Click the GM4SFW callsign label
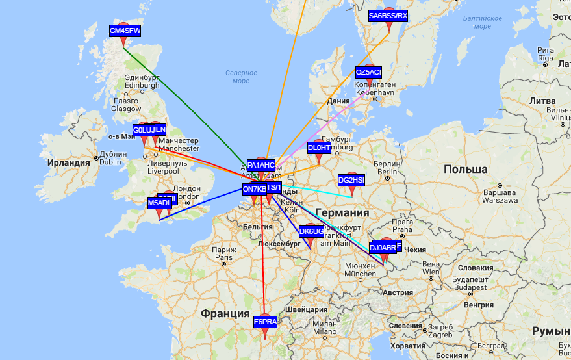pyautogui.click(x=125, y=31)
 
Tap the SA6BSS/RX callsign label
pyautogui.click(x=388, y=16)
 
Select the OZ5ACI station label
pyautogui.click(x=368, y=71)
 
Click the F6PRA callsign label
pyautogui.click(x=265, y=322)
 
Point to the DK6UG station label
pyautogui.click(x=311, y=231)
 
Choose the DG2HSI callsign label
pyautogui.click(x=351, y=180)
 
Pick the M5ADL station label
pyautogui.click(x=159, y=203)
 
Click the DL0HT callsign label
pyautogui.click(x=319, y=148)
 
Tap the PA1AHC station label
pyautogui.click(x=261, y=165)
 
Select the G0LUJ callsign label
pyautogui.click(x=144, y=131)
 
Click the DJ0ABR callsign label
pyautogui.click(x=383, y=248)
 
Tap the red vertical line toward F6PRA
pyautogui.click(x=263, y=260)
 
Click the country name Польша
pyautogui.click(x=465, y=169)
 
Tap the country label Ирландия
pyautogui.click(x=68, y=162)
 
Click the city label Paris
pyautogui.click(x=224, y=257)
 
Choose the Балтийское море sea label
pyautogui.click(x=482, y=22)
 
